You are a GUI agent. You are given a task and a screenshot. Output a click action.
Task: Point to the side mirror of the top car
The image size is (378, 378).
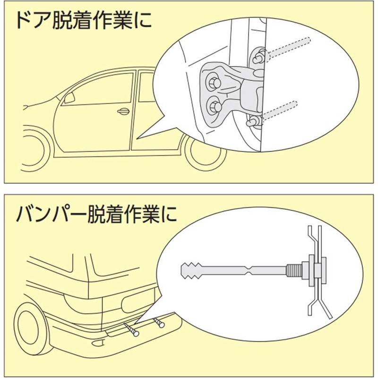[69, 98]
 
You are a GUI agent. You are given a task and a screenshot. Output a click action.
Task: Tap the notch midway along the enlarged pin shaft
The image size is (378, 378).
[248, 271]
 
